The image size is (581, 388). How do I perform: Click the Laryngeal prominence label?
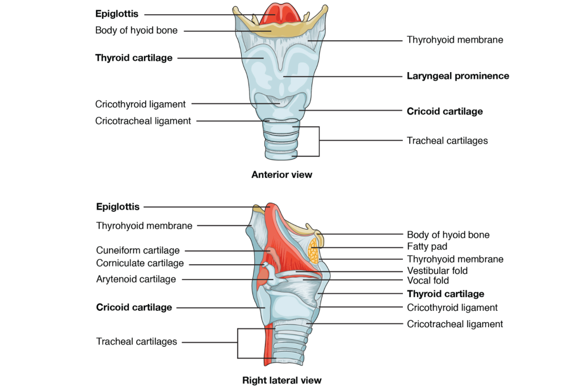tap(458, 76)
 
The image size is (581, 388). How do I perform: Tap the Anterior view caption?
tap(281, 175)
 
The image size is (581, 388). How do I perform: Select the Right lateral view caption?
tap(281, 380)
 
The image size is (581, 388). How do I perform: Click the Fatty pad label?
tap(427, 247)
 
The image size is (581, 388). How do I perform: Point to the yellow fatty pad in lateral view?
tap(314, 251)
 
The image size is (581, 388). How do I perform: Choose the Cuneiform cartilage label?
tap(137, 251)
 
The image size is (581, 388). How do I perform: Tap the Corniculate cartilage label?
tap(140, 264)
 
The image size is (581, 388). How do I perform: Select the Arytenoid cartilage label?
tap(136, 279)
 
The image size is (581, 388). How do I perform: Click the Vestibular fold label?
tap(437, 271)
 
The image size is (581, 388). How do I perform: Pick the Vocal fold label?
tap(428, 281)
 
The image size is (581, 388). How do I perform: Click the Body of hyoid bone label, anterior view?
tap(136, 31)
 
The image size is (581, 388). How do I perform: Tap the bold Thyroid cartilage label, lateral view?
tap(445, 294)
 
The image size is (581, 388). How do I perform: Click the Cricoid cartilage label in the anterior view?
tap(445, 111)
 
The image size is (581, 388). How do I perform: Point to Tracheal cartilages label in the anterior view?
tap(447, 140)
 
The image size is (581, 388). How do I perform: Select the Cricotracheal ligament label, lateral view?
tap(454, 324)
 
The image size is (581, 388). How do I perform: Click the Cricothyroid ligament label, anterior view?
tap(140, 104)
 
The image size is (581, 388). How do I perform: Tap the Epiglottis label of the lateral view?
tap(118, 207)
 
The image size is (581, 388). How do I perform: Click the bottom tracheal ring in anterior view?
tap(281, 155)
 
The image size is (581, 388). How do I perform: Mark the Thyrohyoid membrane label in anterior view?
tap(455, 40)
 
